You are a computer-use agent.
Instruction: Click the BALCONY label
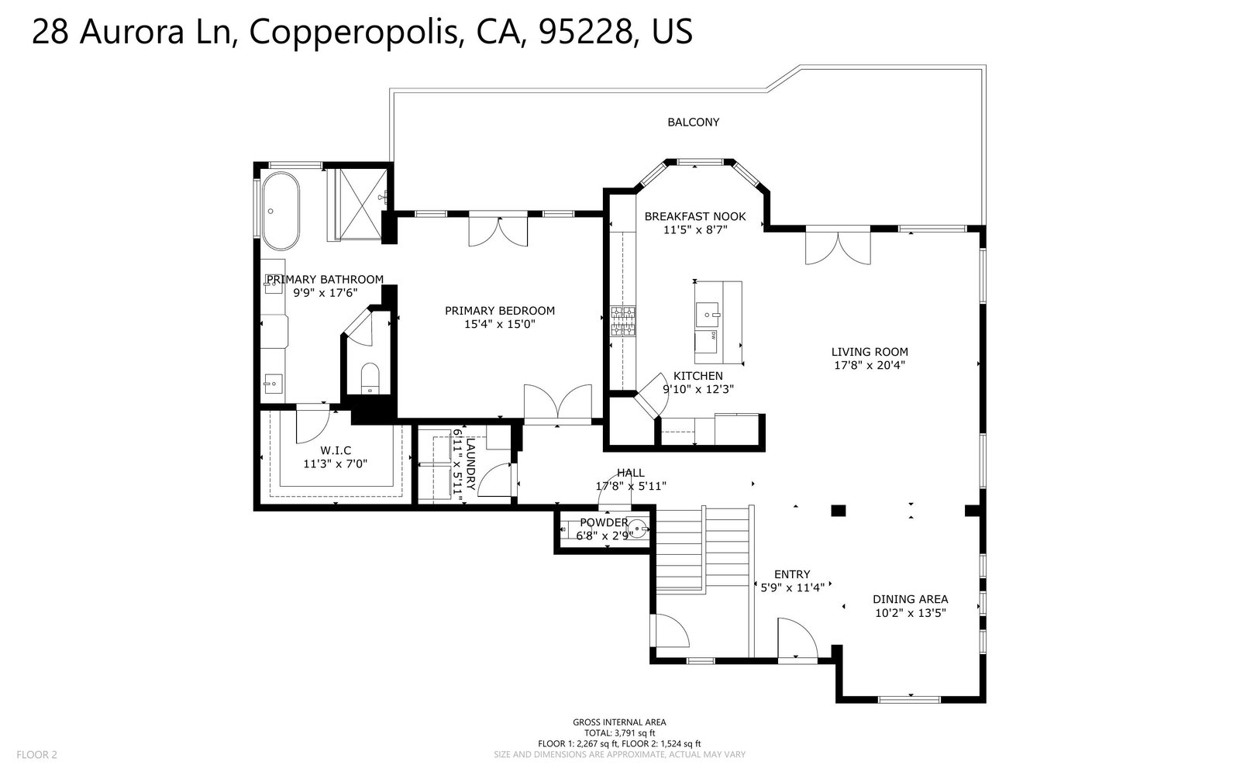click(x=693, y=122)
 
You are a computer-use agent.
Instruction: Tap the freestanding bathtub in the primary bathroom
click(x=280, y=211)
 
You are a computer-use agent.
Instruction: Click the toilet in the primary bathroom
click(x=369, y=378)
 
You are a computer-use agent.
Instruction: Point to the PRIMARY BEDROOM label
click(x=500, y=311)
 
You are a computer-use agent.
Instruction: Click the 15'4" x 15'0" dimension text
click(x=500, y=325)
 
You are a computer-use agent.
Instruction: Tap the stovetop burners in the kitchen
click(x=623, y=321)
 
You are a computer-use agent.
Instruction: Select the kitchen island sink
click(x=708, y=315)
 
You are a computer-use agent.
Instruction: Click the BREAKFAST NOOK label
click(x=695, y=216)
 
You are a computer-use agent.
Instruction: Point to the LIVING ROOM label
click(x=870, y=352)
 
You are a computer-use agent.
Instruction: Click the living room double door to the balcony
click(x=838, y=245)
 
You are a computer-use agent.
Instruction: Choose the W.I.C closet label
click(x=336, y=450)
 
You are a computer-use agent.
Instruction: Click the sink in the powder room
click(x=638, y=529)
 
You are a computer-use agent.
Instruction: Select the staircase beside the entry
click(x=703, y=549)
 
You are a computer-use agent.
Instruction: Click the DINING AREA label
click(x=911, y=599)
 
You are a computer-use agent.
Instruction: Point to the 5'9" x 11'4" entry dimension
click(x=793, y=588)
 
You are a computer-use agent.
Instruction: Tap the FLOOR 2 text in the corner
click(x=36, y=755)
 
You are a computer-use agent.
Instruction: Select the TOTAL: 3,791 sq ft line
click(x=619, y=733)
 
